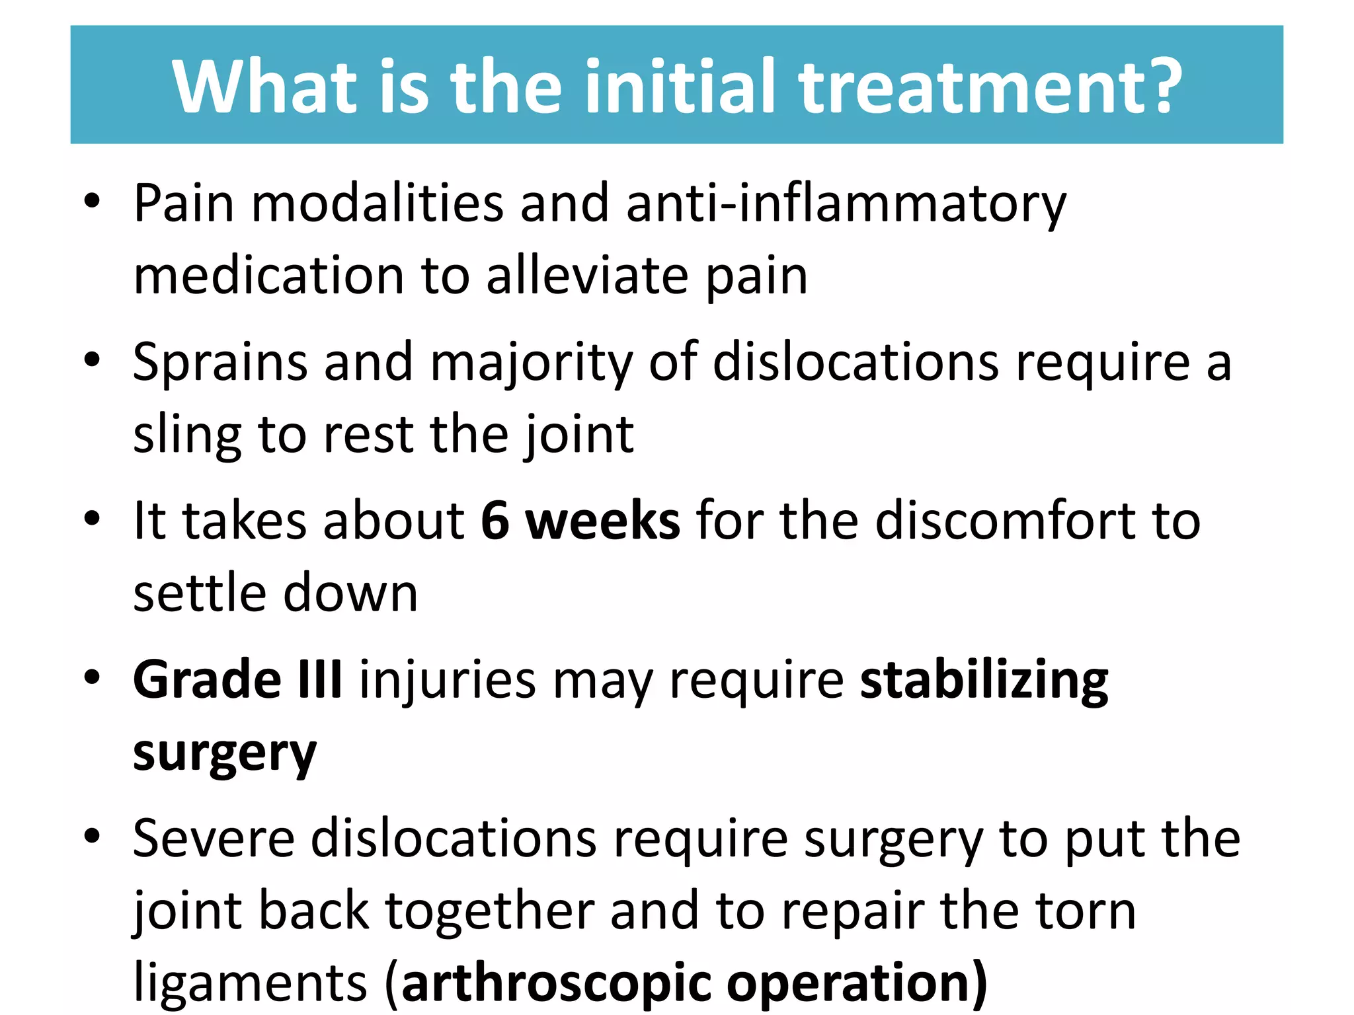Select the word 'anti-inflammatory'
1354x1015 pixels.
846,204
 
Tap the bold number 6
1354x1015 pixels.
495,521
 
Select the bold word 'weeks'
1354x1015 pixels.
602,521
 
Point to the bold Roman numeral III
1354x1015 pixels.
320,679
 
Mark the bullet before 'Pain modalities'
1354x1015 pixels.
92,201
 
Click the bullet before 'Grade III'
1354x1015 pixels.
92,678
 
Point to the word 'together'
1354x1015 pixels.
490,911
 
